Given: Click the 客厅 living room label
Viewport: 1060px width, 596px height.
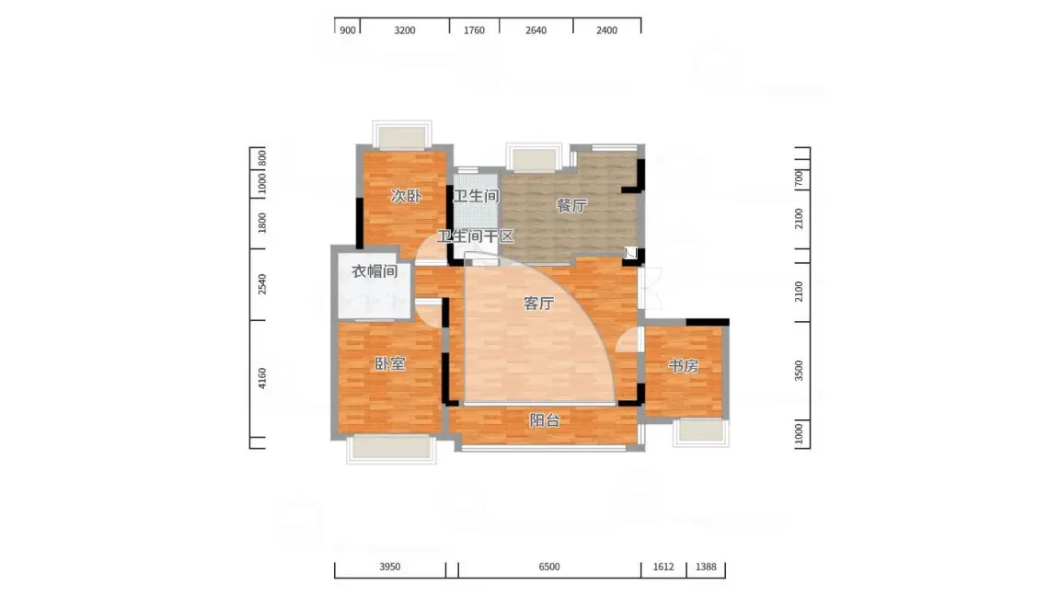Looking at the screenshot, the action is point(539,304).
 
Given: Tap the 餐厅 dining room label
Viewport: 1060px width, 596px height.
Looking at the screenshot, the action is point(571,205).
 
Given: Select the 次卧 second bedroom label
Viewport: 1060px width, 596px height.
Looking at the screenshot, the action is point(406,196).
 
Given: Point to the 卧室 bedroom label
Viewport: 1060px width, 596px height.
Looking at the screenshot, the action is point(390,363).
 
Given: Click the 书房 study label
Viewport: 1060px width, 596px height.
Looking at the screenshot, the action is point(684,365).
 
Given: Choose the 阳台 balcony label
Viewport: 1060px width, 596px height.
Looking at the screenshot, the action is point(544,420).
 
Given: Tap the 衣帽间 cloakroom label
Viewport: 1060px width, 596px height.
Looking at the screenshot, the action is point(374,271).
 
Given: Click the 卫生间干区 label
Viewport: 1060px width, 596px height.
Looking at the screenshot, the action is point(475,236).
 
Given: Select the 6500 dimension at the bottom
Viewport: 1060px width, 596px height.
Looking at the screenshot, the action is point(549,567).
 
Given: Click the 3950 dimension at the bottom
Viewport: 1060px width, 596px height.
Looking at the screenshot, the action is point(389,567).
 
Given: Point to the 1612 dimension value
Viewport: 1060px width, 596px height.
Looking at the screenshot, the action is point(663,567).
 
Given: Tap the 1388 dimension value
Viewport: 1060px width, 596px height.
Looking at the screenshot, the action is point(706,567).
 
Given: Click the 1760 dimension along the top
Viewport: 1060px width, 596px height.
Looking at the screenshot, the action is point(474,30).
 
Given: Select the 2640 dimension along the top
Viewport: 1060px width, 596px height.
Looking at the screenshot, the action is point(536,30).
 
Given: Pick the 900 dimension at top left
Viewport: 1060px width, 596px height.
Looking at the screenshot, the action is point(348,30).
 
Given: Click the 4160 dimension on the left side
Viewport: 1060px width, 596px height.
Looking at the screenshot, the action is point(262,378).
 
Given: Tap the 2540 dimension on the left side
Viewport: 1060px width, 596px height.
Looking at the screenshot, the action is point(262,284).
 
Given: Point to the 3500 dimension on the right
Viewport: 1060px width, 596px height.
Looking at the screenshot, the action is point(799,371).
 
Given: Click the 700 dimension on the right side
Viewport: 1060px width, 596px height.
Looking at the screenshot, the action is point(799,179).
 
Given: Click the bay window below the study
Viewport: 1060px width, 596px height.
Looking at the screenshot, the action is point(701,432).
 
